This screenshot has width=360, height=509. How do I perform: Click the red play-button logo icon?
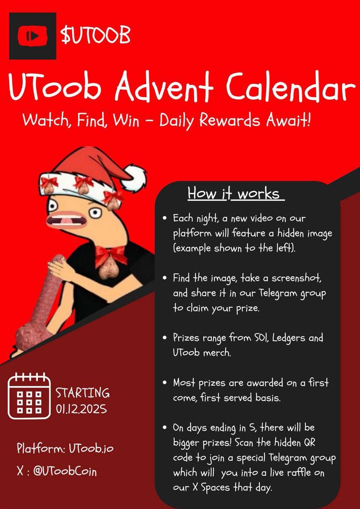coord(32,36)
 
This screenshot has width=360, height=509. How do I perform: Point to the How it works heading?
coord(234,193)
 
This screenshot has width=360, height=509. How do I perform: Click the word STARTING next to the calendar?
coord(83,392)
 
